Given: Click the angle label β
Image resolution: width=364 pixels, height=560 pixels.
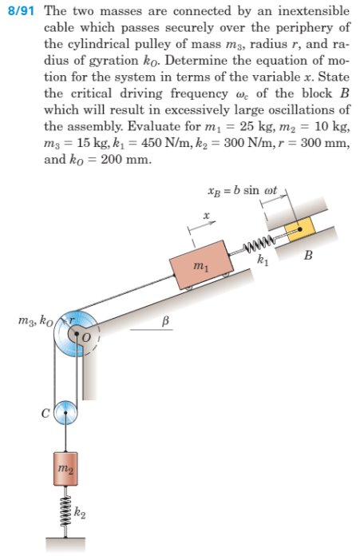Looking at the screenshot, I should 166,320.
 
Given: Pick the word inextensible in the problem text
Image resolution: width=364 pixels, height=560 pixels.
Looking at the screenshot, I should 309,10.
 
